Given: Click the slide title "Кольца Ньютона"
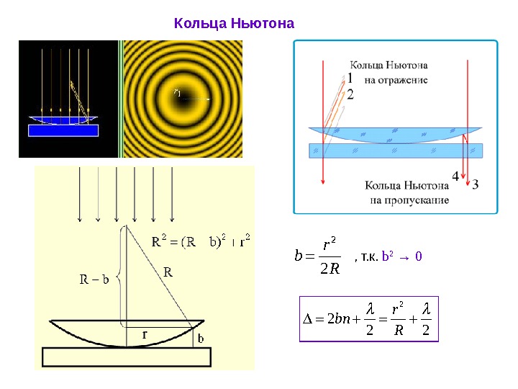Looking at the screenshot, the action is [235, 24].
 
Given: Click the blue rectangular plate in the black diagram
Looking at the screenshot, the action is [63, 130].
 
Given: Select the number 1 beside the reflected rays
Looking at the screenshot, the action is [350, 78].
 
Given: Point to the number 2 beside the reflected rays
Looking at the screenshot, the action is [350, 94].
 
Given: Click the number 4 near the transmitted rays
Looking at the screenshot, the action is [455, 176].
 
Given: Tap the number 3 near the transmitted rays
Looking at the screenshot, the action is [475, 184].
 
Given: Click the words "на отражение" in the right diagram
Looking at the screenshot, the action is [396, 80].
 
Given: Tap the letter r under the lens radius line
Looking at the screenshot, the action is [145, 335].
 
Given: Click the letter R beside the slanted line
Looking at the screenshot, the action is [168, 272].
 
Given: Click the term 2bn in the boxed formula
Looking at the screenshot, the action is [335, 318].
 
